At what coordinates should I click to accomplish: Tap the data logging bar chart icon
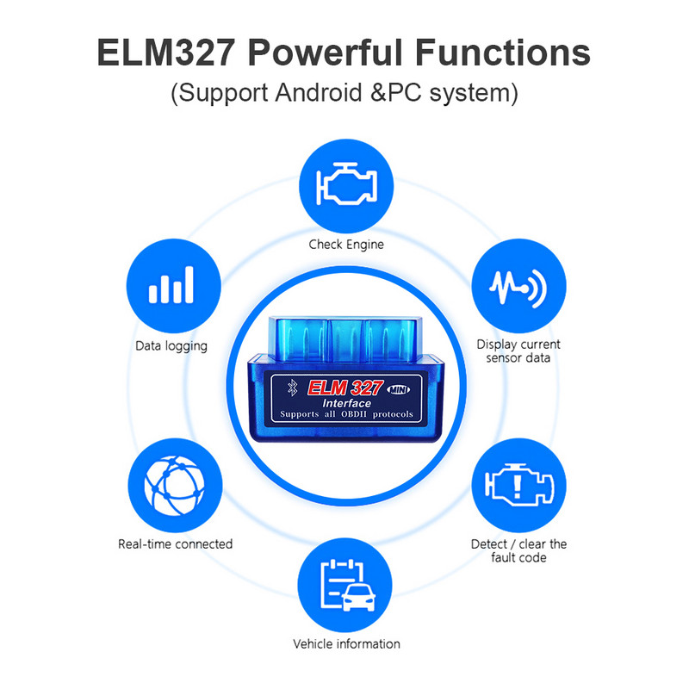click(171, 284)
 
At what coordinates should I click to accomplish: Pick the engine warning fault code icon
click(519, 487)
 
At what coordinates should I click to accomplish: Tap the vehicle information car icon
click(346, 586)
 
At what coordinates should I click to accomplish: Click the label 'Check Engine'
click(346, 245)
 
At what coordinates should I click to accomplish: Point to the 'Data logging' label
click(171, 346)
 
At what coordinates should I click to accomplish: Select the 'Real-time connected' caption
click(175, 544)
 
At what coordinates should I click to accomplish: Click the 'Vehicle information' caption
click(346, 644)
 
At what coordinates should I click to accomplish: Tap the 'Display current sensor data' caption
click(518, 351)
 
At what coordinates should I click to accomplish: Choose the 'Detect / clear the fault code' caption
click(518, 550)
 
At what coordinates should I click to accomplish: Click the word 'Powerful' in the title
click(326, 53)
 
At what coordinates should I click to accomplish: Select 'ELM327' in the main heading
click(164, 53)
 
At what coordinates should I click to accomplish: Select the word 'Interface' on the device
click(347, 403)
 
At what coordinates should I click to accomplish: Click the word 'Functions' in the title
click(505, 53)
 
